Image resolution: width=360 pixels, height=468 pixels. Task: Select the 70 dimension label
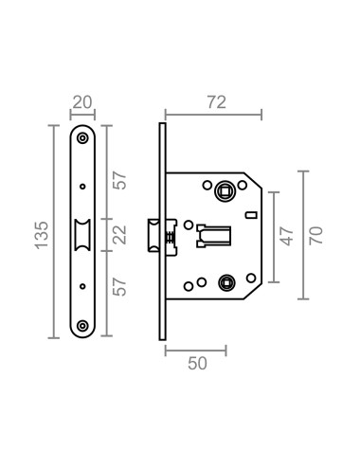point(316,233)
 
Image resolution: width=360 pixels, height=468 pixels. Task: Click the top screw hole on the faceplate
point(82,137)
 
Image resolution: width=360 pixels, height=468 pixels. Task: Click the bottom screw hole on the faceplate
point(82,327)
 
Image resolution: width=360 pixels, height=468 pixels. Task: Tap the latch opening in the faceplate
point(82,233)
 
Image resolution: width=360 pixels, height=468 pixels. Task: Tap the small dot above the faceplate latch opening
point(82,186)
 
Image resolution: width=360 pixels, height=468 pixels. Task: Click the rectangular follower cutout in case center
point(215,233)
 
